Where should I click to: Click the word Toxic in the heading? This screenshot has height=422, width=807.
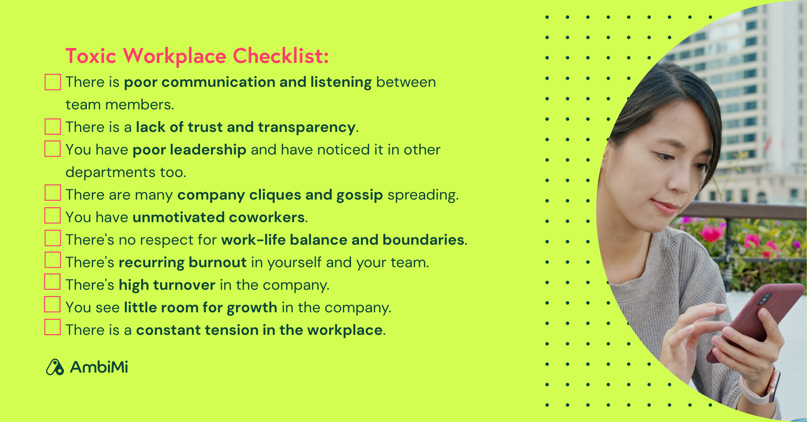(91, 56)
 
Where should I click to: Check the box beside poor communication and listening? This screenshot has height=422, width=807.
(53, 82)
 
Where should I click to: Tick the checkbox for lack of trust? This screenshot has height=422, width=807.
(53, 127)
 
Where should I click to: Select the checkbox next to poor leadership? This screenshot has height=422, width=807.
(53, 149)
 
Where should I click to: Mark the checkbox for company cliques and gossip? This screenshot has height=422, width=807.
(53, 193)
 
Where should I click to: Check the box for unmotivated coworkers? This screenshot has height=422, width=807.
(53, 215)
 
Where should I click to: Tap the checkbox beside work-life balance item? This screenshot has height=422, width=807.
(53, 238)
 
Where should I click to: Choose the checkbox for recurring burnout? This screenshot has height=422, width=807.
(53, 260)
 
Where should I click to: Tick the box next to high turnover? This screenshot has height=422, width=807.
(52, 282)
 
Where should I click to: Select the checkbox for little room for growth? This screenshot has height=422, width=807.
(52, 305)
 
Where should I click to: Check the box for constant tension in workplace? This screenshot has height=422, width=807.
(52, 327)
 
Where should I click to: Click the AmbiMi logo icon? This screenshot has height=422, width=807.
(55, 367)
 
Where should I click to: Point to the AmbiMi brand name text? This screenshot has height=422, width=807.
(99, 367)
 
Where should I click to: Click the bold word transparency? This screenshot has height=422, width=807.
(307, 128)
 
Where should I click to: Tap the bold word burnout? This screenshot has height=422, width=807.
(218, 263)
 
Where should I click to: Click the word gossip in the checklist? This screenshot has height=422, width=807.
(359, 195)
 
